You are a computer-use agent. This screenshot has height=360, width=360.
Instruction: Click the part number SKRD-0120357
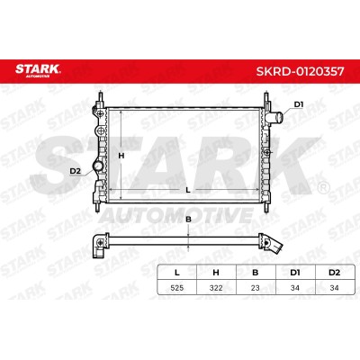point(300,71)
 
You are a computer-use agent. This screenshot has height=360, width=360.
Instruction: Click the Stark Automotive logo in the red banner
point(38,70)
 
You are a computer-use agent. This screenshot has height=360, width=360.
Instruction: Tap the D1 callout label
point(299,104)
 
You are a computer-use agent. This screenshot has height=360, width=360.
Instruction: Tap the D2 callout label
point(76,171)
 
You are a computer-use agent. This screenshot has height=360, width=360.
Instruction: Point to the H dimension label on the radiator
point(121,156)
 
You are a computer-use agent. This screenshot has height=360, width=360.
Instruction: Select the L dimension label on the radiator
point(188,190)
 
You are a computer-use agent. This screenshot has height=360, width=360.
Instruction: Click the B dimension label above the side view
point(188,220)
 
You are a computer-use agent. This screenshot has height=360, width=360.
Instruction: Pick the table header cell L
point(177,273)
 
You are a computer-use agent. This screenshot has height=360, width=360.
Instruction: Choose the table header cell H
point(216,273)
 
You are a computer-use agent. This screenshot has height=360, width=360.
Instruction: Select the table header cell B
point(256,273)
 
